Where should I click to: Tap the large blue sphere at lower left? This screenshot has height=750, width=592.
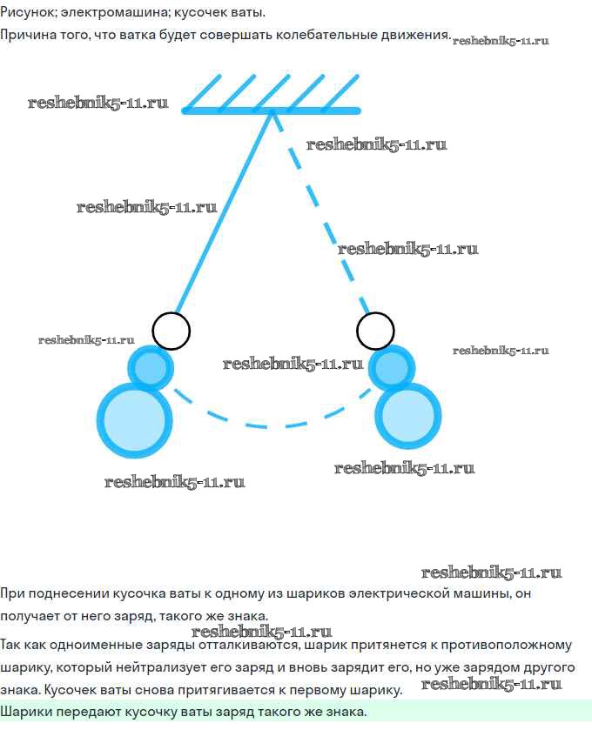[x=134, y=420]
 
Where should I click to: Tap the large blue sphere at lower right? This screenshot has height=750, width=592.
[x=407, y=415]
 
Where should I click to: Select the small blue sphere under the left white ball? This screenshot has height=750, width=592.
[x=151, y=368]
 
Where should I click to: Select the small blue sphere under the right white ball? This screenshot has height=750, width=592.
[x=392, y=368]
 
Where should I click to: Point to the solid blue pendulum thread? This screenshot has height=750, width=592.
[x=224, y=212]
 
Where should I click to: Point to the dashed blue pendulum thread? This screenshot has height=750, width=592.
[x=320, y=213]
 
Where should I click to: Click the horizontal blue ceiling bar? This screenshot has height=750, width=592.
[x=271, y=111]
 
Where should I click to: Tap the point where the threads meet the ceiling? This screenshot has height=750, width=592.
[x=272, y=112]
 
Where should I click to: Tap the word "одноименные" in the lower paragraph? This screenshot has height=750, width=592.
[x=98, y=645]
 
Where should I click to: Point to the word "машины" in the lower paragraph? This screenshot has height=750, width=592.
[x=481, y=593]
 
